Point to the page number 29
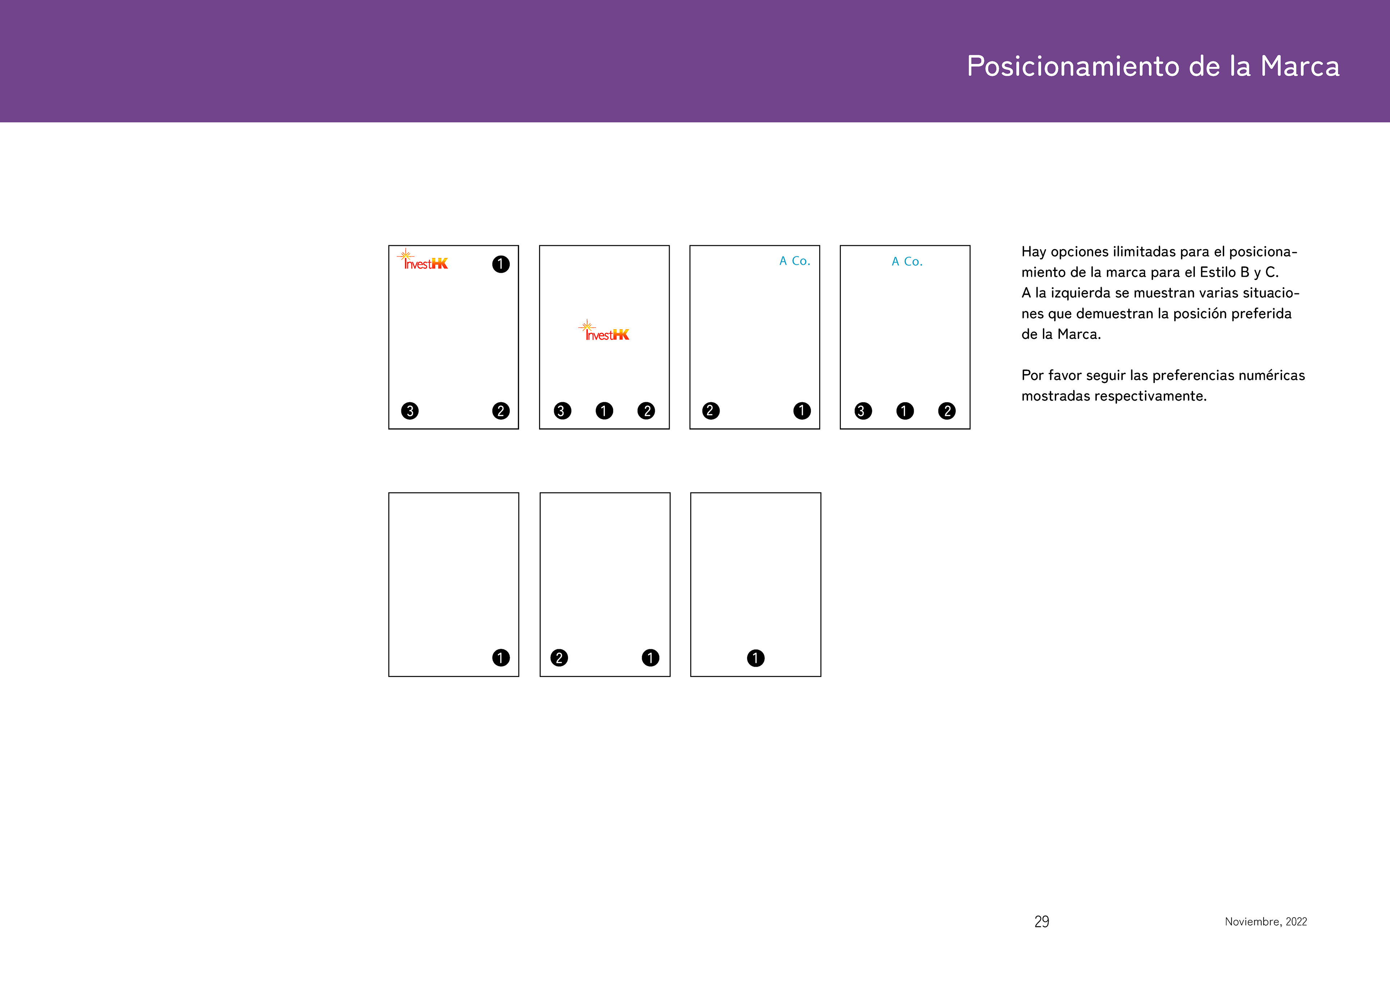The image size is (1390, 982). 1041,922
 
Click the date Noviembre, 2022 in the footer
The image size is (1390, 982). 1266,922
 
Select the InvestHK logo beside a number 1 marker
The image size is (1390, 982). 422,260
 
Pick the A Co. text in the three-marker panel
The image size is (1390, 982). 907,262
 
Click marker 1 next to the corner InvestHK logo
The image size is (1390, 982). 501,264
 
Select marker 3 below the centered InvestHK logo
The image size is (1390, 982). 563,411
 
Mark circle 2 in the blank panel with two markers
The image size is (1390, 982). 559,658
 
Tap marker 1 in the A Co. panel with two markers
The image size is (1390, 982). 801,411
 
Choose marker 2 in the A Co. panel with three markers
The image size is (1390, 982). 947,411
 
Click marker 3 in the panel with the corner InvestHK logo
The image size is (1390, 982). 410,411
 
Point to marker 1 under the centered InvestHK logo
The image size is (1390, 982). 604,411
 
